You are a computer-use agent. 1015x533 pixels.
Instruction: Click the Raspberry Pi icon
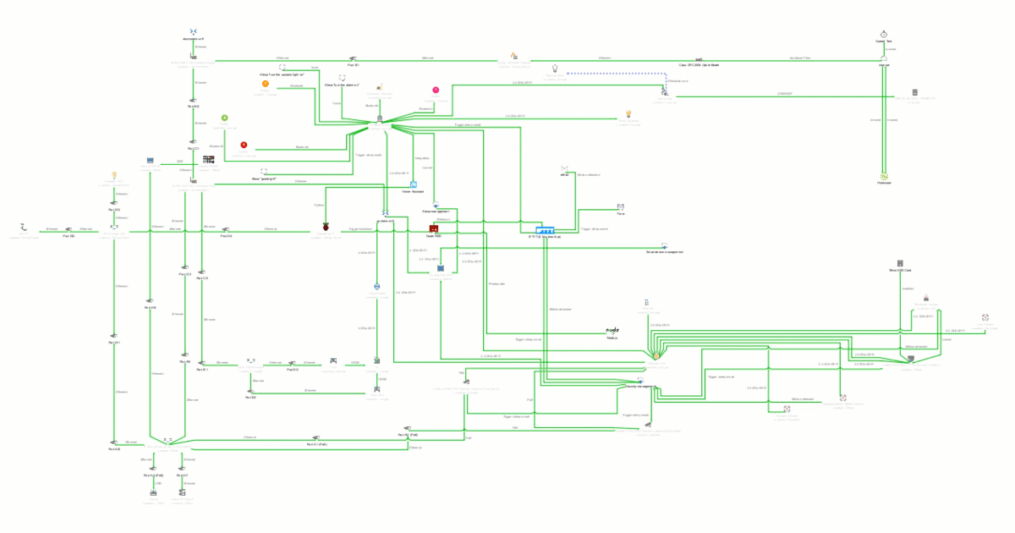click(326, 228)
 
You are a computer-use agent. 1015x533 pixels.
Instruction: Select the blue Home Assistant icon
click(414, 184)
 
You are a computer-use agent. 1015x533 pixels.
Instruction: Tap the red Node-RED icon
click(433, 228)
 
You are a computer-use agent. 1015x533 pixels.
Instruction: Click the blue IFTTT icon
click(546, 230)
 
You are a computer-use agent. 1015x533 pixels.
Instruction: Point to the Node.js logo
click(612, 329)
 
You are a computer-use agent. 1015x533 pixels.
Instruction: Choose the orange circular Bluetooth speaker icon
click(265, 85)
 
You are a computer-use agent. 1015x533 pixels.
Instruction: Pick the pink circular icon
click(436, 89)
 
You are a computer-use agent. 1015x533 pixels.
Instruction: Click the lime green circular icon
click(224, 118)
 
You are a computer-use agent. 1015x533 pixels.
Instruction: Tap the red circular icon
click(244, 146)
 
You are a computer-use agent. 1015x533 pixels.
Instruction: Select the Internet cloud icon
click(883, 58)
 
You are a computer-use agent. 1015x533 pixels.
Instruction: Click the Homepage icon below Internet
click(883, 176)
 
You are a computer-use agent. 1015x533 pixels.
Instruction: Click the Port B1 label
click(354, 65)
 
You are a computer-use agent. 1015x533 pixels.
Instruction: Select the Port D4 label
click(226, 236)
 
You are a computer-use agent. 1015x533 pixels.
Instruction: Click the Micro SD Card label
click(900, 270)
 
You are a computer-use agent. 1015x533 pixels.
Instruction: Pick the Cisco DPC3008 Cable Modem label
click(699, 65)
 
